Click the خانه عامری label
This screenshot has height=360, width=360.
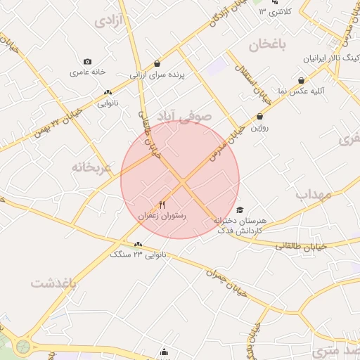tap(87, 72)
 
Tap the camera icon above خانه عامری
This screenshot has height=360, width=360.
tap(87, 62)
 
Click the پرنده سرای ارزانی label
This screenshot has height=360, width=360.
tap(156, 73)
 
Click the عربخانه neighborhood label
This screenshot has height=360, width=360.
tap(91, 167)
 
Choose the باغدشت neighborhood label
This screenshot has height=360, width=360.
tap(53, 283)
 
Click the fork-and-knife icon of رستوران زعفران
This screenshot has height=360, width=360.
tap(162, 205)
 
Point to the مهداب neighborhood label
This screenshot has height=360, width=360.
tap(312, 193)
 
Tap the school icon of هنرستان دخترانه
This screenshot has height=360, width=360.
tap(240, 210)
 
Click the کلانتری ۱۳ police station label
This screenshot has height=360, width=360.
tap(274, 12)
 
